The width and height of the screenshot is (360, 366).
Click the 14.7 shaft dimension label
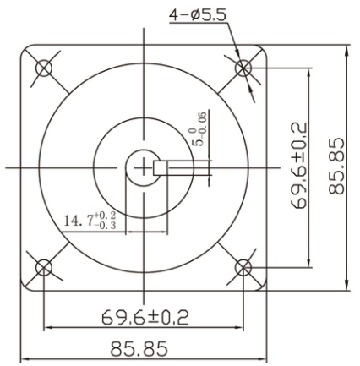point(80,221)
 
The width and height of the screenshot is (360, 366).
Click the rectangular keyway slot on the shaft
point(166,167)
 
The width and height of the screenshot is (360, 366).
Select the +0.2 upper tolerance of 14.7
point(107,216)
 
